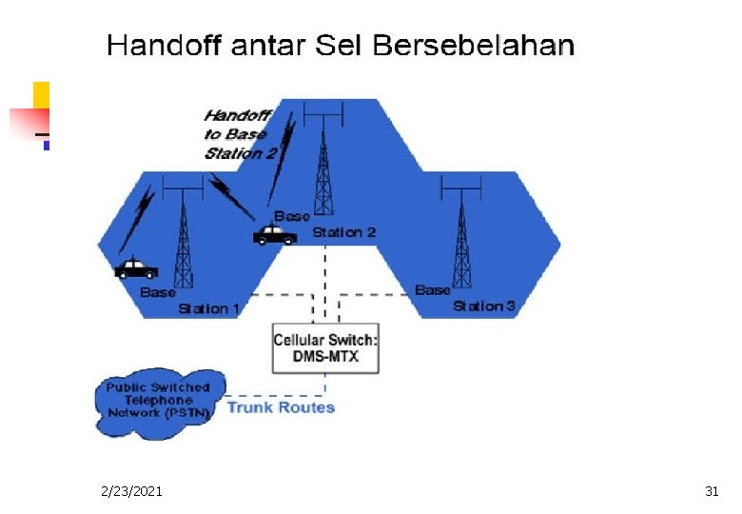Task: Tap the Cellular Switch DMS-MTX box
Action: pyautogui.click(x=325, y=349)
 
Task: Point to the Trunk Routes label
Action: pyautogui.click(x=281, y=407)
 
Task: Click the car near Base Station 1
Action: pyautogui.click(x=136, y=267)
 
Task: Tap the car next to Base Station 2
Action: pyautogui.click(x=275, y=234)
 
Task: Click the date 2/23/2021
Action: pyautogui.click(x=131, y=491)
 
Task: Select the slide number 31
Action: pyautogui.click(x=712, y=491)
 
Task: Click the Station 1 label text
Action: pyautogui.click(x=208, y=307)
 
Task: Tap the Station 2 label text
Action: pyautogui.click(x=343, y=231)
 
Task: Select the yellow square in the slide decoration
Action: pyautogui.click(x=41, y=94)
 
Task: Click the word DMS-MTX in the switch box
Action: pyautogui.click(x=326, y=359)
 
